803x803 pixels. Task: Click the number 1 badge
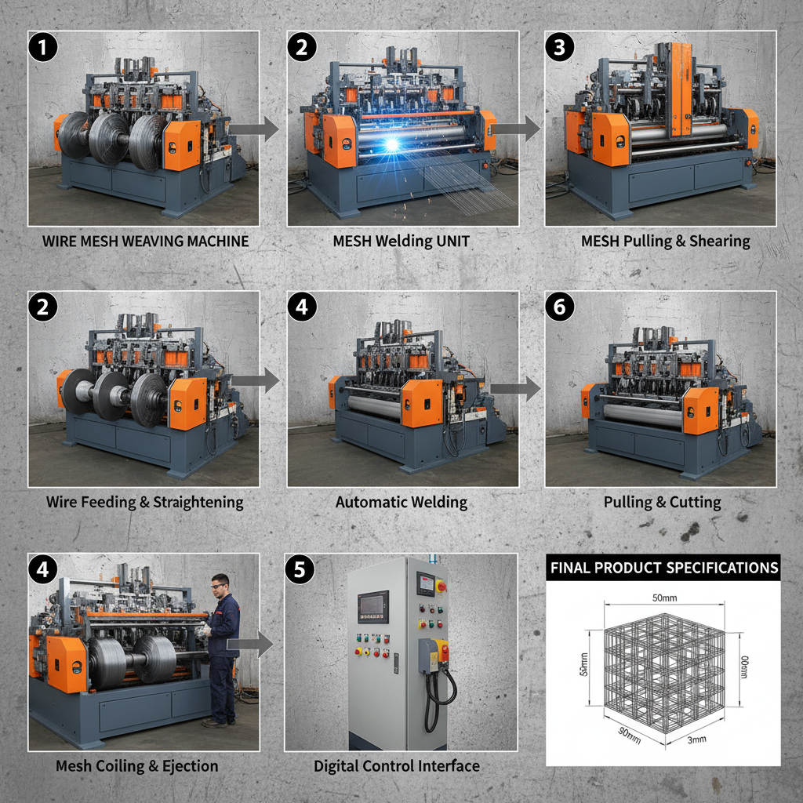44,47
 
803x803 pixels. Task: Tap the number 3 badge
559,47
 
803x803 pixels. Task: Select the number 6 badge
559,307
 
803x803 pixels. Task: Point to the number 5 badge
300,569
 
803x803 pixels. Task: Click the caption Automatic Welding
401,502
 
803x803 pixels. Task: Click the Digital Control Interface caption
397,765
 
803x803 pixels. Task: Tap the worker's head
220,584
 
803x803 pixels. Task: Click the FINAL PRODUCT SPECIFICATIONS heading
663,568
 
